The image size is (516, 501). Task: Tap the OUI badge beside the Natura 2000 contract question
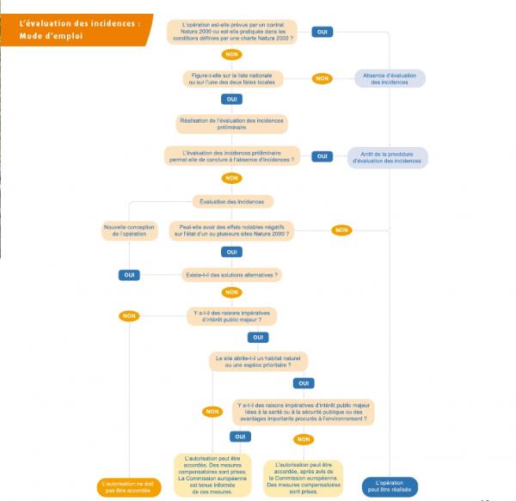click(x=322, y=32)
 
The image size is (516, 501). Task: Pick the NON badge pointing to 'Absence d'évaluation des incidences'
click(x=322, y=78)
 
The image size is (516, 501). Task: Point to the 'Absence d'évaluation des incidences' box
click(x=389, y=78)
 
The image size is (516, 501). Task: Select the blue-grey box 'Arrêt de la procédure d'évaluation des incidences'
click(x=387, y=157)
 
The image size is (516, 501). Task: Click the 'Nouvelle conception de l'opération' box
click(x=130, y=230)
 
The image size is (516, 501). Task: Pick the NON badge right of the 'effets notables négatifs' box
click(x=341, y=230)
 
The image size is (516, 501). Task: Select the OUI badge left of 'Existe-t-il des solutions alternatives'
click(x=129, y=275)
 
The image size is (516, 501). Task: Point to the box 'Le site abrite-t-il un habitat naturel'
click(x=259, y=361)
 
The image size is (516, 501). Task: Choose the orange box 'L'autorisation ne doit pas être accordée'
click(x=130, y=486)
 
